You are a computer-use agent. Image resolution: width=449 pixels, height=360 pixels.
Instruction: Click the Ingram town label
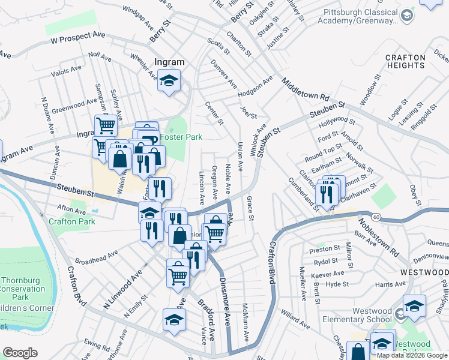coord(169,61)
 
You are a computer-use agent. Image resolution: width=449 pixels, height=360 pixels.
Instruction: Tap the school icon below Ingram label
coord(169,80)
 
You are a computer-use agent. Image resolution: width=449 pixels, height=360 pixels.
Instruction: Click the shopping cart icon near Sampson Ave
coord(106,125)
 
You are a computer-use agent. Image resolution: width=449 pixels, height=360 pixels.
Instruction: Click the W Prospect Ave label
coord(77,38)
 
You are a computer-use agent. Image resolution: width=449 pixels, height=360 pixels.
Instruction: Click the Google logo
coord(20,353)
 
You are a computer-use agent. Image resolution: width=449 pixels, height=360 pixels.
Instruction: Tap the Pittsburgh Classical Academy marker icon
coord(407,15)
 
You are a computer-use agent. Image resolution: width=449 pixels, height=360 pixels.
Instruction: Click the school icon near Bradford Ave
coord(174,320)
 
